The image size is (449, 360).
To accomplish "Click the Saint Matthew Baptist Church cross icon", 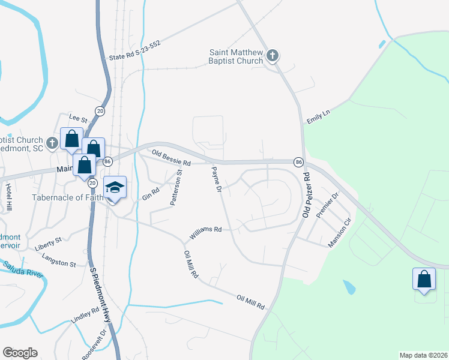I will click(273, 56).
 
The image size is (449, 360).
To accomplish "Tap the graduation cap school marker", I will click(115, 187).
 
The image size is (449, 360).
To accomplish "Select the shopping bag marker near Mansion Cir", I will click(424, 279).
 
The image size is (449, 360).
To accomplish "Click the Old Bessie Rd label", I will click(170, 158).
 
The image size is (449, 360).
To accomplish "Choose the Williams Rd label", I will click(207, 230).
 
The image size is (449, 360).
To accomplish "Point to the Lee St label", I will click(79, 118).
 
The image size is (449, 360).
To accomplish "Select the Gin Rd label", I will click(150, 193).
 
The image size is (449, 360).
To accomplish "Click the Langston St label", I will click(59, 260).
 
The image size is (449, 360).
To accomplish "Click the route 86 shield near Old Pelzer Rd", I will click(298, 162).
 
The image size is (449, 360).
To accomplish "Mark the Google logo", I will click(20, 353).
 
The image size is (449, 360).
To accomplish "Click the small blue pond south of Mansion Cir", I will click(349, 287).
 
